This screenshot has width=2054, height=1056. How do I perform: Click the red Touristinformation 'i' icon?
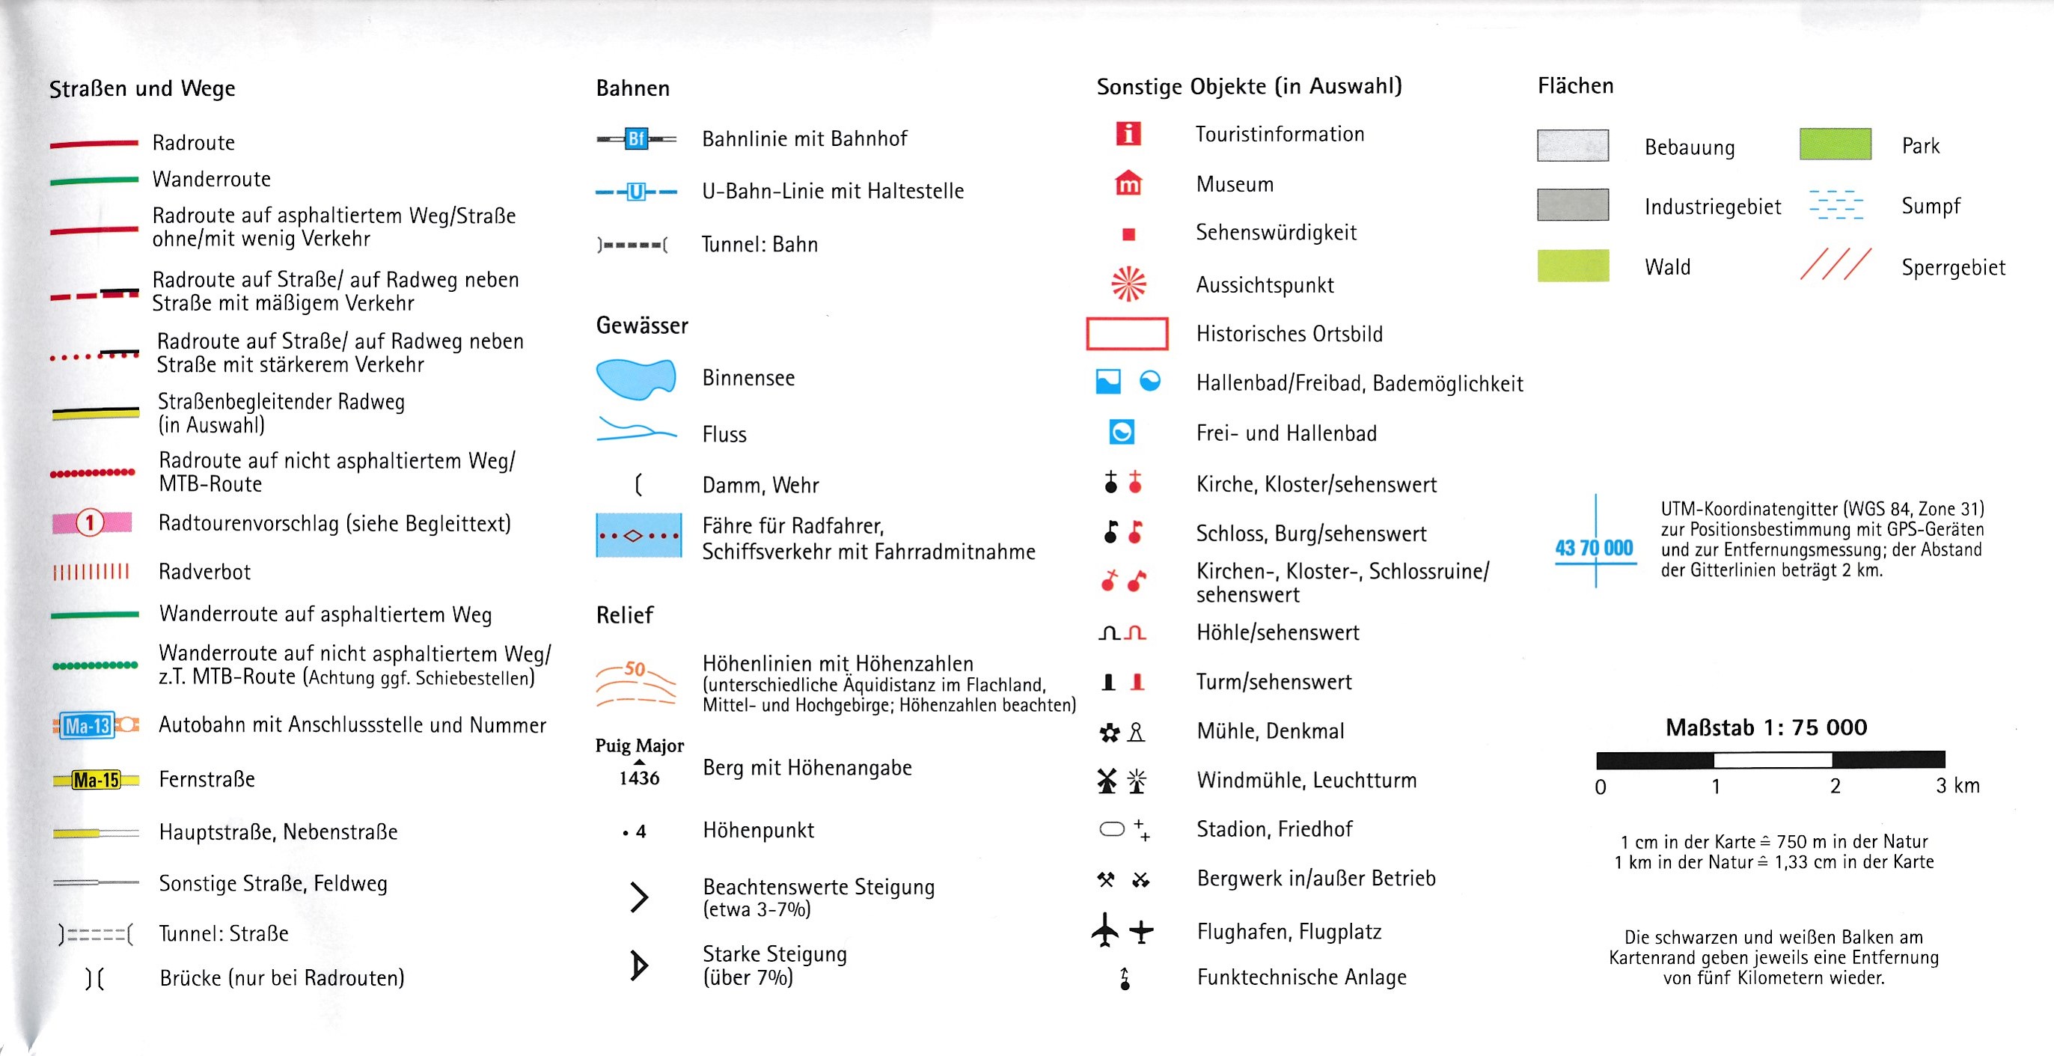[1128, 133]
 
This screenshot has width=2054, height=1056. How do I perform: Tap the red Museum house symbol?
[1128, 183]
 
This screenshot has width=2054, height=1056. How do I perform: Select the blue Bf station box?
[635, 138]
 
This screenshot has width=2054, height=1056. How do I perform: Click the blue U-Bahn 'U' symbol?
[635, 192]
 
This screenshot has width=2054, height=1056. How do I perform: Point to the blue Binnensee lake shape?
[635, 378]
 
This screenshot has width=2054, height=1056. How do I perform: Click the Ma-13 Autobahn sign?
[88, 725]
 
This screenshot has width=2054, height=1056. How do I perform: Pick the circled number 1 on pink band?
[90, 523]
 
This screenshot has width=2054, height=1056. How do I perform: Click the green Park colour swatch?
[1835, 144]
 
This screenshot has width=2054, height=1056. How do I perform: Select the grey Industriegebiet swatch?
[1572, 205]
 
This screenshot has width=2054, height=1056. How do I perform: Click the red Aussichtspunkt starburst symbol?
[1128, 284]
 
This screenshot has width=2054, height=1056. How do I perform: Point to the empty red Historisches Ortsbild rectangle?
[1127, 333]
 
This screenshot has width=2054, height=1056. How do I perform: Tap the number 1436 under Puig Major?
[639, 778]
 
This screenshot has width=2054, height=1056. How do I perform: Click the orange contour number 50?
[635, 668]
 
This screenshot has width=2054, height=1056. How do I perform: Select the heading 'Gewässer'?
[642, 326]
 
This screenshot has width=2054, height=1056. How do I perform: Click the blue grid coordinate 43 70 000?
[1593, 548]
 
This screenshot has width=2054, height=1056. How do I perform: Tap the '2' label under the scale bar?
[1835, 787]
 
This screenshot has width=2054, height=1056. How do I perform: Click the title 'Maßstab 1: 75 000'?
[1766, 727]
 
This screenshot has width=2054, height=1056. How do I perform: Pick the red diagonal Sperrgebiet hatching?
[1835, 265]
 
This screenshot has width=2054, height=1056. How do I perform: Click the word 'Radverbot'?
[204, 572]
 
